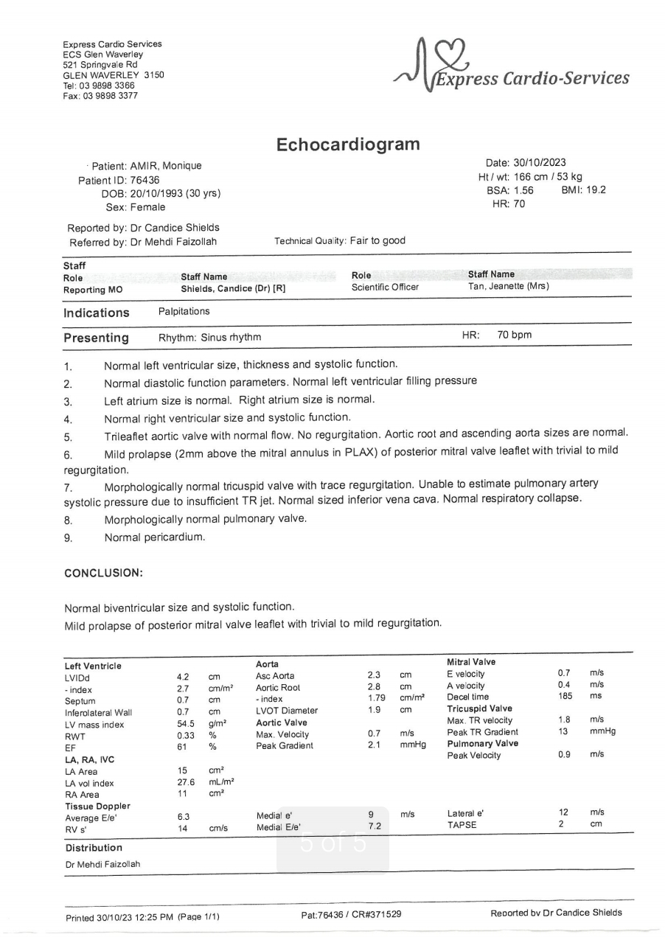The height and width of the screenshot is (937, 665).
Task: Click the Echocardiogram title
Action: [x=348, y=144]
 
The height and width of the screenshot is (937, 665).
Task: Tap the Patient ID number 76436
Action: [x=145, y=180]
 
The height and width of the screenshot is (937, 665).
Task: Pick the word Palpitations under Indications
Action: [x=184, y=312]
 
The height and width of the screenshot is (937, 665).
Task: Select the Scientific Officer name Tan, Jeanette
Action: [x=509, y=286]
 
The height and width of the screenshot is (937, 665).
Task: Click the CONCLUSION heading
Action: [x=104, y=573]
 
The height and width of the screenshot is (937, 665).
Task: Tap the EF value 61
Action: [x=182, y=747]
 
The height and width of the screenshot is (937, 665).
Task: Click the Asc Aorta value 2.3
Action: [x=374, y=675]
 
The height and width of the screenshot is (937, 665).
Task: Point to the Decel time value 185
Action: [x=565, y=697]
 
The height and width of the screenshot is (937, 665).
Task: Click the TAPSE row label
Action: [x=462, y=825]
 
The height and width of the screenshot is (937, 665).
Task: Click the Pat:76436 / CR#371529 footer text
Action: [x=351, y=914]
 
